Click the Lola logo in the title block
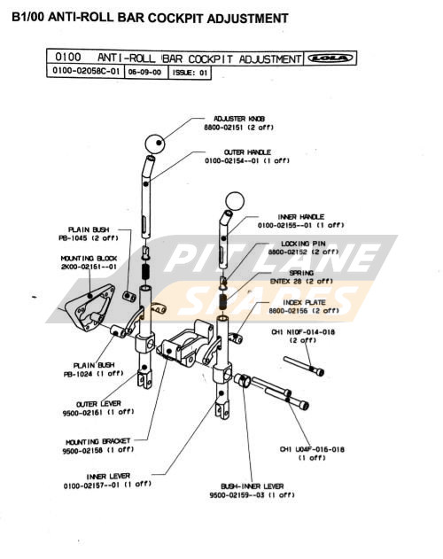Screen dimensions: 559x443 click(x=329, y=58)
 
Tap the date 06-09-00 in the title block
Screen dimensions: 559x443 click(x=144, y=74)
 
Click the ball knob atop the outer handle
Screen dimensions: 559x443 click(x=156, y=144)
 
